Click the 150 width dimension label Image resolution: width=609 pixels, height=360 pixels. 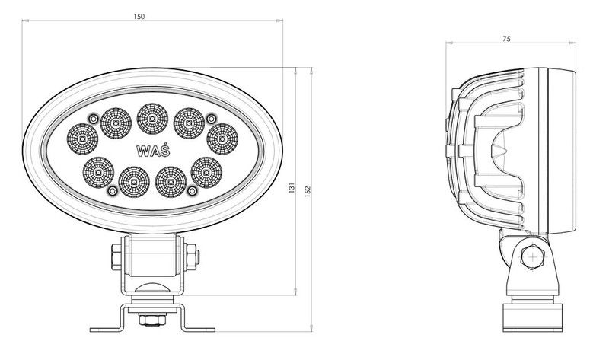tap(139, 17)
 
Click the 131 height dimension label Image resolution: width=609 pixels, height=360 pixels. tap(292, 187)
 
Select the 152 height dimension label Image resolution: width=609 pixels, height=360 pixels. tap(308, 192)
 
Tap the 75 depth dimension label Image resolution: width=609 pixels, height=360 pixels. tap(506, 39)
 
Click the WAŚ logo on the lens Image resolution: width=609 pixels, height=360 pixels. tap(153, 150)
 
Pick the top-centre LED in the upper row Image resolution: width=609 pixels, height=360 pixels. tap(153, 119)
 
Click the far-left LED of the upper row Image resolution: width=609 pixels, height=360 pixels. tap(82, 139)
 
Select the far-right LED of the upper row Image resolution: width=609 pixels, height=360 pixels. tap(222, 139)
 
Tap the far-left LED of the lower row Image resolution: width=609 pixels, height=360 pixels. tap(98, 172)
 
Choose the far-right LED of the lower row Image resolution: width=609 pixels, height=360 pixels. tap(206, 172)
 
